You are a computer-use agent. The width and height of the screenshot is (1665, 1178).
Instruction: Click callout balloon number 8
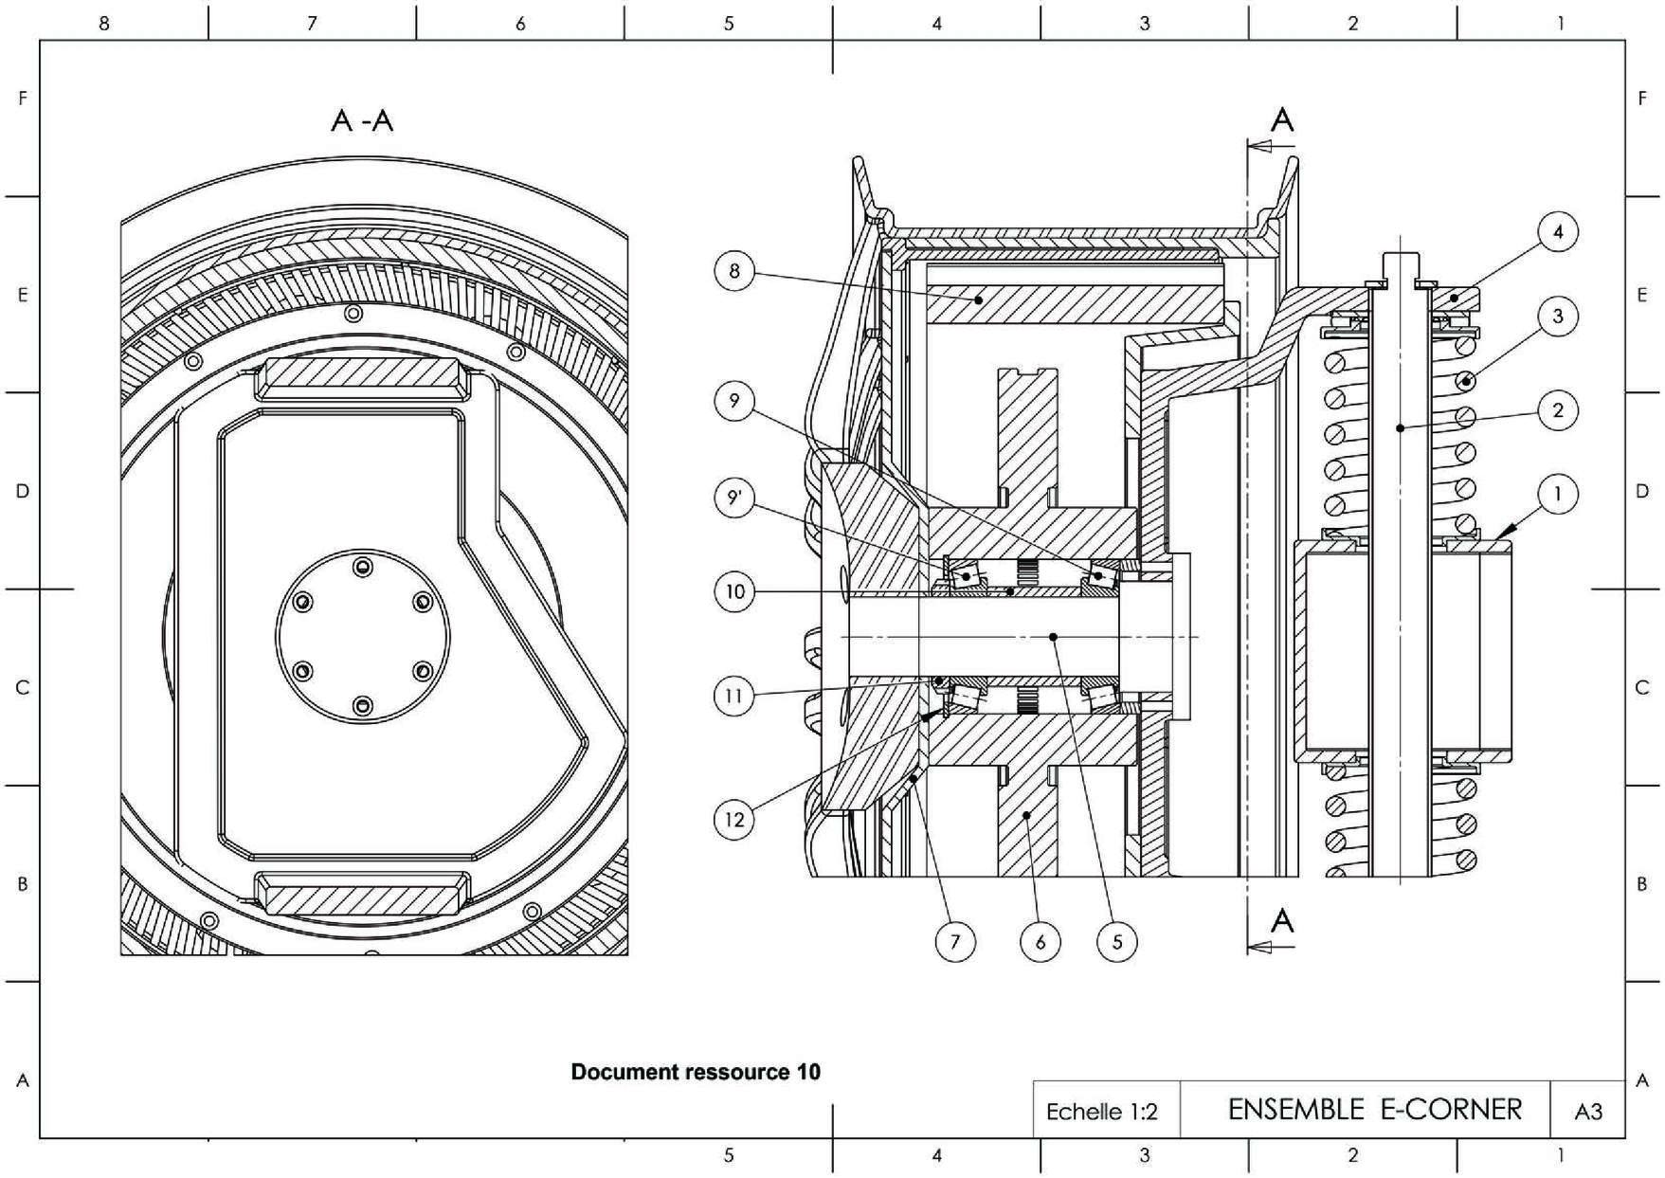pyautogui.click(x=734, y=272)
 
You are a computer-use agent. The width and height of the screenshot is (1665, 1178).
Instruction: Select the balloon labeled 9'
pyautogui.click(x=734, y=499)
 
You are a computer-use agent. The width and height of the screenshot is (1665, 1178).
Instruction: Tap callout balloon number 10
pyautogui.click(x=734, y=593)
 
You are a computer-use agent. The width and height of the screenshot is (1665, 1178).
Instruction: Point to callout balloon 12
pyautogui.click(x=734, y=818)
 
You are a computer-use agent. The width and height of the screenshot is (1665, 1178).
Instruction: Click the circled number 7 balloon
pyautogui.click(x=955, y=941)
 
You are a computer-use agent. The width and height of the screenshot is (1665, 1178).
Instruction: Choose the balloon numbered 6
pyautogui.click(x=1041, y=941)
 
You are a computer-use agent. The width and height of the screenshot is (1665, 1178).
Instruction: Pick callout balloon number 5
pyautogui.click(x=1117, y=941)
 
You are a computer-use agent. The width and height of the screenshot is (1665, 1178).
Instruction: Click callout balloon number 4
pyautogui.click(x=1558, y=232)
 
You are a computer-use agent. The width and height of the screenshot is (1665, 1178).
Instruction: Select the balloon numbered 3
pyautogui.click(x=1558, y=316)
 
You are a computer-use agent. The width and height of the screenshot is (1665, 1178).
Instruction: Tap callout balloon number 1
pyautogui.click(x=1558, y=494)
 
